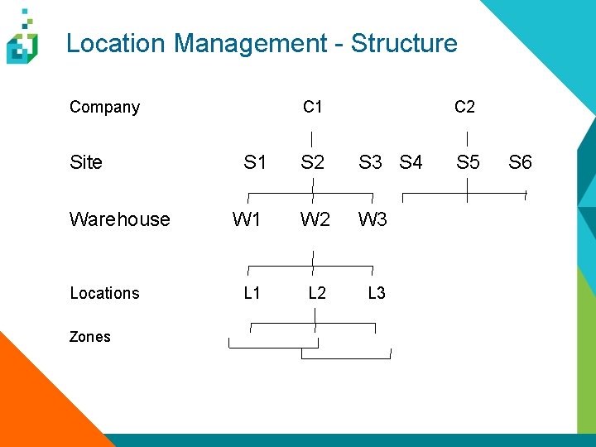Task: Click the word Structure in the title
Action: (x=404, y=43)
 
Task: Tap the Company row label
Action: (x=104, y=107)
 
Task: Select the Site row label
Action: (x=86, y=162)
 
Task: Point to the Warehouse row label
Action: (x=119, y=219)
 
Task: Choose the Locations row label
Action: (x=104, y=293)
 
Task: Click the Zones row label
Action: (x=89, y=337)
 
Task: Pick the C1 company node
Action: (x=313, y=107)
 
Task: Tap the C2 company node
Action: (x=464, y=107)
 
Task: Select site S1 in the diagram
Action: (x=255, y=162)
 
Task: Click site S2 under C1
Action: (x=313, y=162)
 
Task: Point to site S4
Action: (x=411, y=162)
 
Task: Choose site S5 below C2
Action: (x=468, y=162)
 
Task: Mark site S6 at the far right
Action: (x=520, y=162)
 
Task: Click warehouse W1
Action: (x=247, y=219)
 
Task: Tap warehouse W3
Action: (x=372, y=219)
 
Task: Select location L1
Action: (x=252, y=293)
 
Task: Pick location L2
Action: (x=317, y=293)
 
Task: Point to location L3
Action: (x=376, y=293)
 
